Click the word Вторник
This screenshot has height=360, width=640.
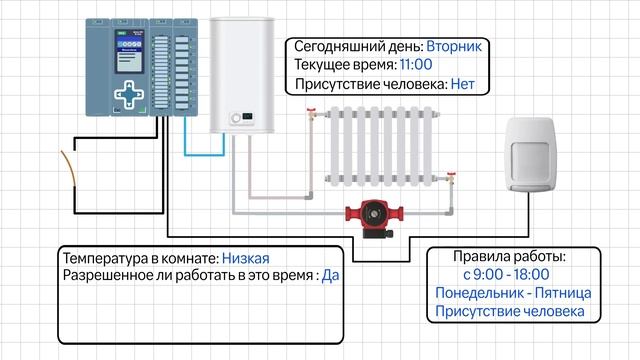[455, 46]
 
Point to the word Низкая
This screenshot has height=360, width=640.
[246, 257]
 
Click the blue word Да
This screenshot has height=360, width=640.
[330, 275]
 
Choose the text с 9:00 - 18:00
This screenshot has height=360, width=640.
[506, 274]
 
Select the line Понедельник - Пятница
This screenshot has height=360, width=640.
[513, 293]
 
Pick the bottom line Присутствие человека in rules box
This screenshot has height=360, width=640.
[510, 312]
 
